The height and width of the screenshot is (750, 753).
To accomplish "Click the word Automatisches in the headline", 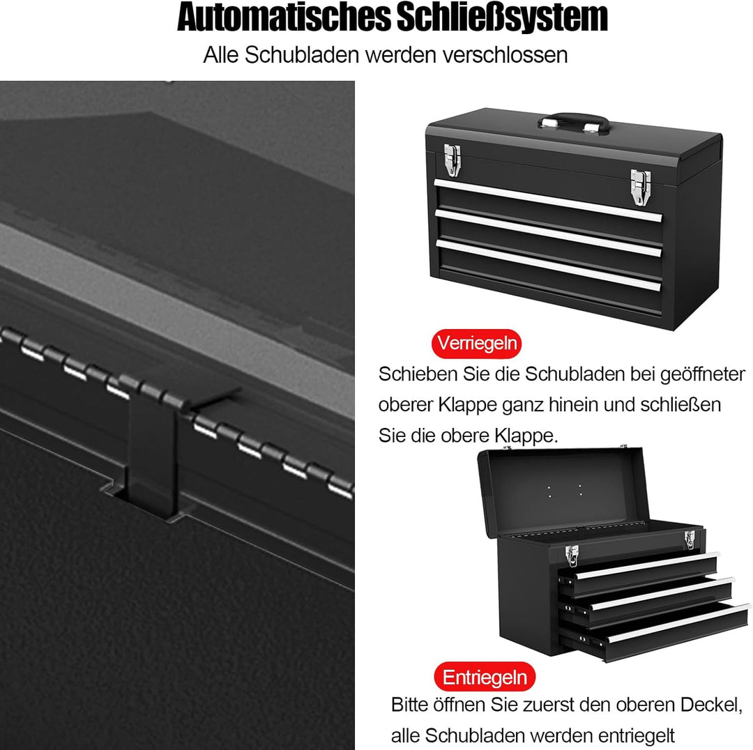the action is pos(284,17).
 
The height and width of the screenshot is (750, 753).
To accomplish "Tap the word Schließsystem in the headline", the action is pos(502,18).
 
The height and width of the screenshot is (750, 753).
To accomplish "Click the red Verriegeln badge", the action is pos(476,344).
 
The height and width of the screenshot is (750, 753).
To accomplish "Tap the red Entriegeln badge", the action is pos(484,677).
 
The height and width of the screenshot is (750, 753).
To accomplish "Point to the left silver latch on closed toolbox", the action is pos(452,160).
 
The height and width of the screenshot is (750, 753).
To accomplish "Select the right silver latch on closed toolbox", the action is pos(641,187).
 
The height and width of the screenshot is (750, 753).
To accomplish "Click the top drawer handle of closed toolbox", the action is pos(548,201).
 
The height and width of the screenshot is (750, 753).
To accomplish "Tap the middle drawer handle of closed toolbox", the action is pos(548,233).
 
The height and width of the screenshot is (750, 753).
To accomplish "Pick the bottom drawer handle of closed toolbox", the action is pos(548,265).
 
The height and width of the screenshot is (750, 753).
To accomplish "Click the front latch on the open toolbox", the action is pos(572,556).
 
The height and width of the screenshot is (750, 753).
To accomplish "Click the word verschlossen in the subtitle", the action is pos(505,55).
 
